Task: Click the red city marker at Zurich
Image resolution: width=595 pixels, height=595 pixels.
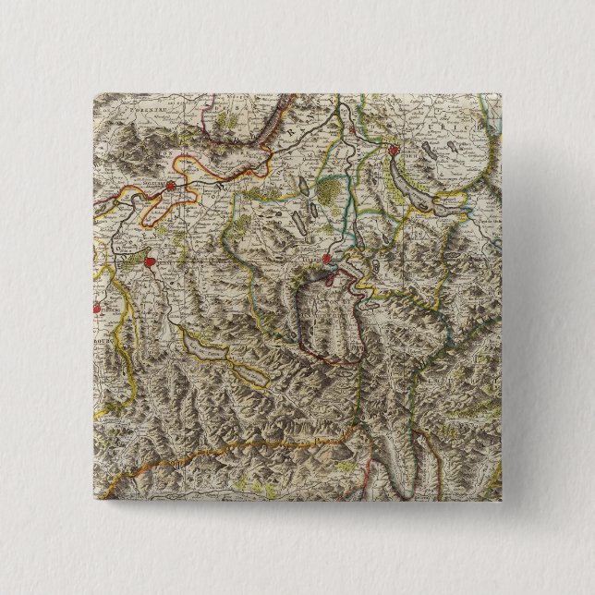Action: click(393, 151)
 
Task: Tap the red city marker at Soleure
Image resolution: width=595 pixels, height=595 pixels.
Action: click(171, 186)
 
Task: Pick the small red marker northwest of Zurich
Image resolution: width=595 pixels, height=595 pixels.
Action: click(353, 132)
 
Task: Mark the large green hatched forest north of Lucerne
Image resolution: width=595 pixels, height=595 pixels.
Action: click(330, 191)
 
